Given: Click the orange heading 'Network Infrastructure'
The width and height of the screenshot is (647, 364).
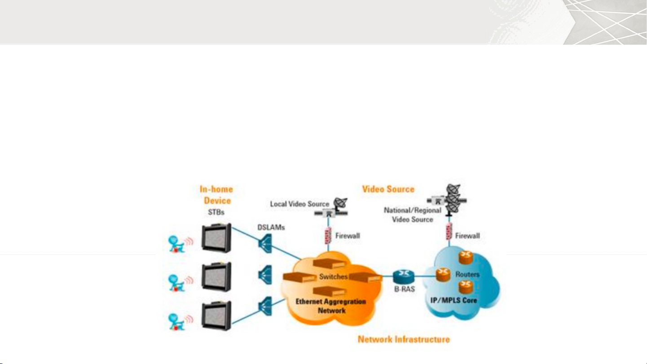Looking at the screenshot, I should [403, 339].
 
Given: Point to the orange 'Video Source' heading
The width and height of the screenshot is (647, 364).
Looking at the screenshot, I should [388, 189].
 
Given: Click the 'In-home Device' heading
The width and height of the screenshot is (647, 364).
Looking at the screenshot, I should [216, 195].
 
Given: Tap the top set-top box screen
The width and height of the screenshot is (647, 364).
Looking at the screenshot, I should [216, 238].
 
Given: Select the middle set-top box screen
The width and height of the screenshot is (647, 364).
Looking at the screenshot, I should [216, 276].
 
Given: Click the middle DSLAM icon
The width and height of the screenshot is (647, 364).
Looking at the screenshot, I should [265, 275].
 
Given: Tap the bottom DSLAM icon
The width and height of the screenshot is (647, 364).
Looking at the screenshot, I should [265, 306].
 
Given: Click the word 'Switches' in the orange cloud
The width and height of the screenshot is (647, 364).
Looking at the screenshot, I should [334, 276].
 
